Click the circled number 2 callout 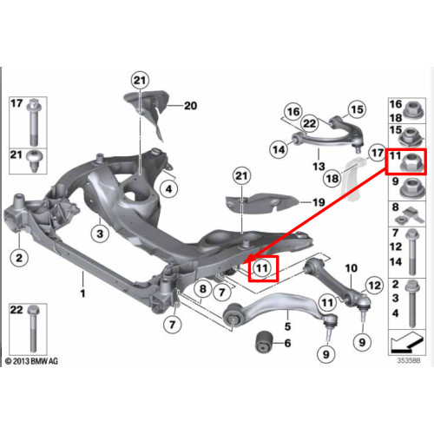(x=19, y=258)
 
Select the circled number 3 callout (x=100, y=233)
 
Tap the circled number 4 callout (x=168, y=189)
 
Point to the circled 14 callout (x=279, y=149)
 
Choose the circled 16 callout (x=293, y=112)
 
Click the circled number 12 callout (x=375, y=286)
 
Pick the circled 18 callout (x=332, y=179)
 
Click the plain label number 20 (x=191, y=106)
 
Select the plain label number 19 (x=319, y=202)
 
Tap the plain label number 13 (x=319, y=167)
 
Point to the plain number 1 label (x=82, y=293)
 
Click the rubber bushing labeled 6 (x=264, y=342)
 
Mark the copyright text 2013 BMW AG (x=32, y=361)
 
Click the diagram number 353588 (x=408, y=360)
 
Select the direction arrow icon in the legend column (x=406, y=343)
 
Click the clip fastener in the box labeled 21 (x=34, y=161)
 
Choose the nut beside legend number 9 (x=411, y=187)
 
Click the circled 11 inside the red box (x=262, y=268)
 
